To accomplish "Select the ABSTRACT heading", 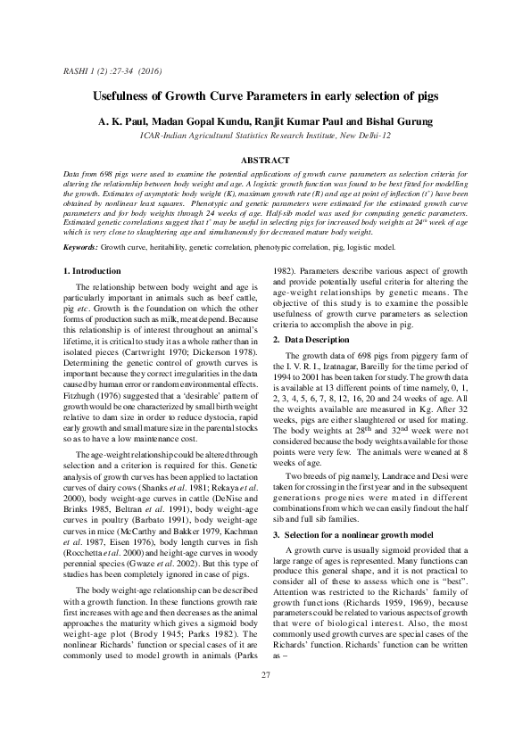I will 265,159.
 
